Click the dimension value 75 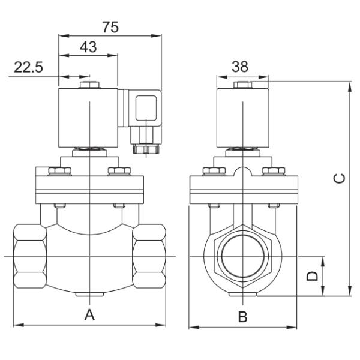click(x=110, y=27)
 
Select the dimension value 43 click(x=89, y=47)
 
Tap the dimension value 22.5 click(x=28, y=68)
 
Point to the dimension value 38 click(x=241, y=68)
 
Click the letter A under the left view click(x=89, y=315)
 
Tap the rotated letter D click(x=311, y=277)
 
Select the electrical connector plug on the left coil click(x=143, y=110)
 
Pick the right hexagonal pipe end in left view click(x=149, y=257)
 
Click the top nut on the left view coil click(x=89, y=86)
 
